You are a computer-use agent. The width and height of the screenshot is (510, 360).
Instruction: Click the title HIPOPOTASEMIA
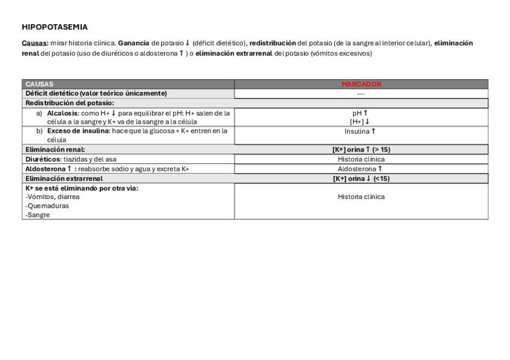click(x=55, y=27)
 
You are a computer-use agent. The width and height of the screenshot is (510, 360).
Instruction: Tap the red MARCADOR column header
click(x=361, y=84)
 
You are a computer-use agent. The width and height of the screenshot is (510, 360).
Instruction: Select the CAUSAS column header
click(x=39, y=84)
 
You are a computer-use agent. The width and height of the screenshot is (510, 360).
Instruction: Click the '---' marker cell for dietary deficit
click(x=361, y=94)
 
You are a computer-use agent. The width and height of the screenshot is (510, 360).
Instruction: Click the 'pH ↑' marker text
click(x=361, y=113)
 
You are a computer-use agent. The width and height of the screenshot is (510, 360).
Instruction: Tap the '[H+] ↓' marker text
click(x=361, y=121)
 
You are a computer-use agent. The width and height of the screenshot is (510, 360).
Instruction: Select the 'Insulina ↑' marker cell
click(x=361, y=132)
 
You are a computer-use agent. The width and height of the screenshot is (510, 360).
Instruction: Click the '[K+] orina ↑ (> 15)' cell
click(x=361, y=150)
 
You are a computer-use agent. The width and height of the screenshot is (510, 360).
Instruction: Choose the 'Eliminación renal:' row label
click(x=55, y=150)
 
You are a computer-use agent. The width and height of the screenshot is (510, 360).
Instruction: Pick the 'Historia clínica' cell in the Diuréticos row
click(x=361, y=159)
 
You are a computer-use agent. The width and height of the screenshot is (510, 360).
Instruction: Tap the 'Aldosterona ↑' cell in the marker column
click(x=361, y=169)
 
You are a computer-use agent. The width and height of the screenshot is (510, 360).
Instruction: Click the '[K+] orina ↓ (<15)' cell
click(x=361, y=178)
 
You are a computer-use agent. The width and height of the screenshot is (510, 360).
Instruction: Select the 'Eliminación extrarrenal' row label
click(x=64, y=178)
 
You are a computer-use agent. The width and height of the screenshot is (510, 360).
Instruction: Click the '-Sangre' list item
click(x=37, y=215)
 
